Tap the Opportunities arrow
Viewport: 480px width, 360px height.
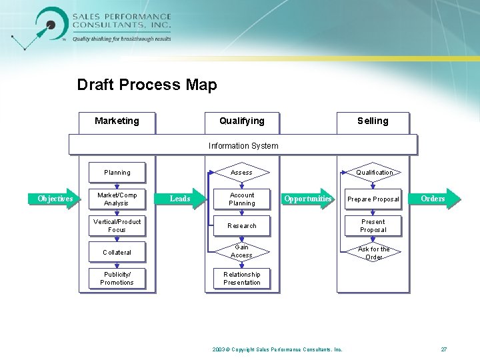pyautogui.click(x=307, y=199)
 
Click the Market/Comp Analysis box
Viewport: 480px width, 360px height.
pyautogui.click(x=117, y=199)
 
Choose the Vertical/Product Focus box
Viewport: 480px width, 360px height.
pyautogui.click(x=117, y=225)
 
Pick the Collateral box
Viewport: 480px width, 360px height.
pyautogui.click(x=117, y=252)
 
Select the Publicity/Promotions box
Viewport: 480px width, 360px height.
pyautogui.click(x=117, y=279)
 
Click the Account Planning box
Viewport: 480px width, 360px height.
pyautogui.click(x=241, y=199)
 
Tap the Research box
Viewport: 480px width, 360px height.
pyautogui.click(x=241, y=225)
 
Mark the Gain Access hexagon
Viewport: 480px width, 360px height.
pyautogui.click(x=241, y=251)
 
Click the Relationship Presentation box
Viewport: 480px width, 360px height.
pyautogui.click(x=241, y=279)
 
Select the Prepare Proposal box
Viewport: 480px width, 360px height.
pyautogui.click(x=373, y=199)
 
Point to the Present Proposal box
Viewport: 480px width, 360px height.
pyautogui.click(x=373, y=225)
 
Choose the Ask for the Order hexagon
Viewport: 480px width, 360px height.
pyautogui.click(x=373, y=253)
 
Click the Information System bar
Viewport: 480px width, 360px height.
pyautogui.click(x=243, y=145)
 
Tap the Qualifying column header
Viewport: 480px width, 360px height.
pyautogui.click(x=242, y=121)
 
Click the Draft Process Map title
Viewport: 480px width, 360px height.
pyautogui.click(x=147, y=85)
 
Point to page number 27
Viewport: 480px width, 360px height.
pyautogui.click(x=444, y=349)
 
